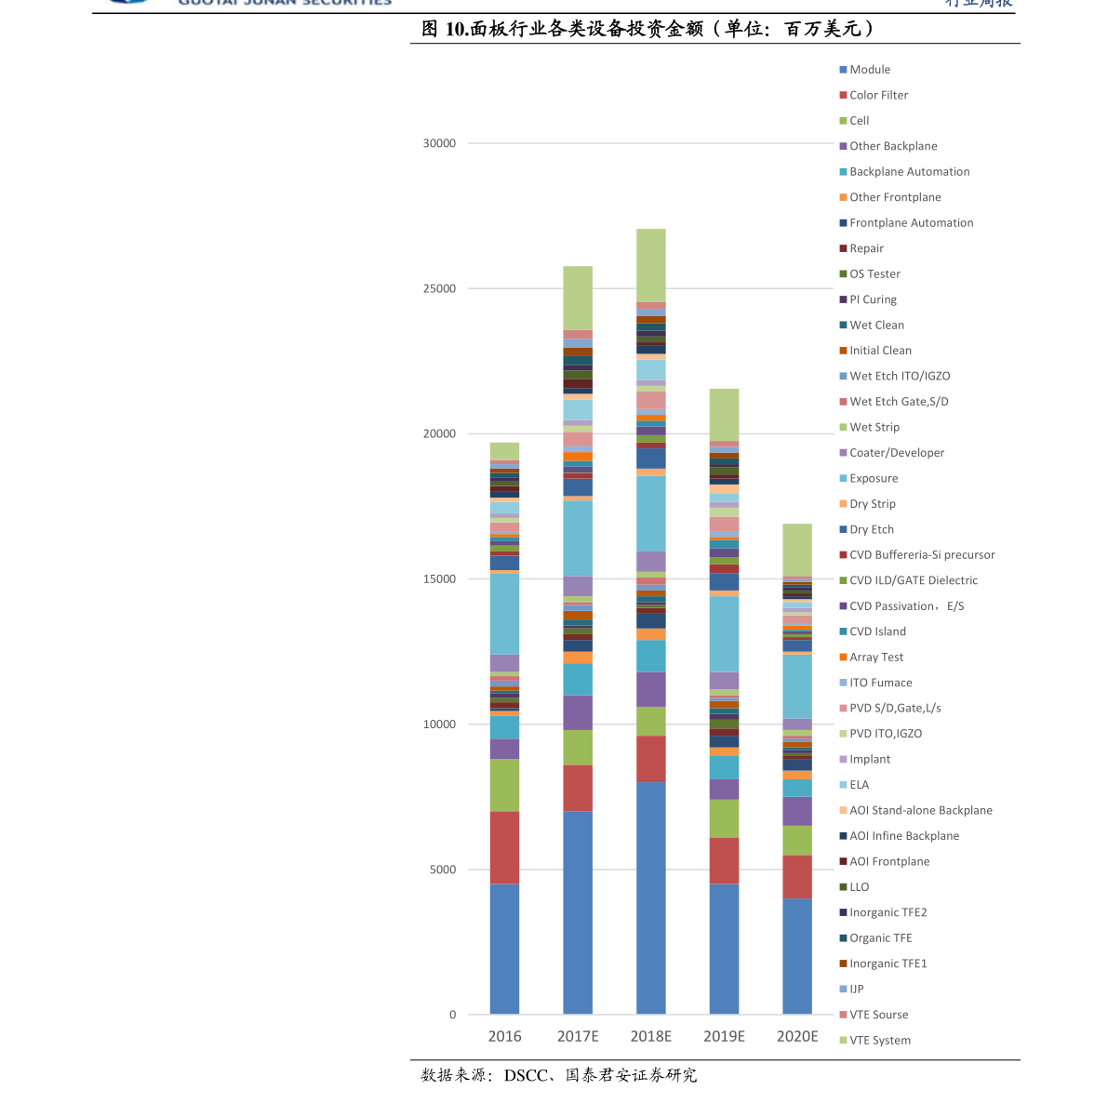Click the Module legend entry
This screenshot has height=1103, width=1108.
point(869,70)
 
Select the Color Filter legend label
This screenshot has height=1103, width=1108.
point(878,95)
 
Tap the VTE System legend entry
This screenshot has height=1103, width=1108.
point(879,1040)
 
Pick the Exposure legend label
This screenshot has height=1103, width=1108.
point(873,478)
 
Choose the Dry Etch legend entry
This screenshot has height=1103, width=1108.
point(871,529)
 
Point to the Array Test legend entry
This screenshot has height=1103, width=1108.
point(875,657)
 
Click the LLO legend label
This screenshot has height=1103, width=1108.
point(859,887)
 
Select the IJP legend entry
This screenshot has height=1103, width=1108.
point(856,989)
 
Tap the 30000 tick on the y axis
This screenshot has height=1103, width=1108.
point(439,143)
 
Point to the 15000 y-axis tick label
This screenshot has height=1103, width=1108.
point(439,579)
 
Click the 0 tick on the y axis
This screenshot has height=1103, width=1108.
point(452,1015)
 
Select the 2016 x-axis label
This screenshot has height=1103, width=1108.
point(504,1036)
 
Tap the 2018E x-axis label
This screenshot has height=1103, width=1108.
point(650,1036)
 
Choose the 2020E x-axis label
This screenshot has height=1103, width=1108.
point(797,1036)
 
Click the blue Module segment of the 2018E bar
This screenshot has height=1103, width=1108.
point(650,897)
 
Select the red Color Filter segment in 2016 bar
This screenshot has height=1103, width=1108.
point(504,847)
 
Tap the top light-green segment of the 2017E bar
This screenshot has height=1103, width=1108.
point(578,298)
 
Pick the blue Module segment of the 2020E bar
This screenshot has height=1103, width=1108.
point(797,956)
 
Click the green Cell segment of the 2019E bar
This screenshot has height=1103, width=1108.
point(724,818)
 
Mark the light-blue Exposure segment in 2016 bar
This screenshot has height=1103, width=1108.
point(504,614)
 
